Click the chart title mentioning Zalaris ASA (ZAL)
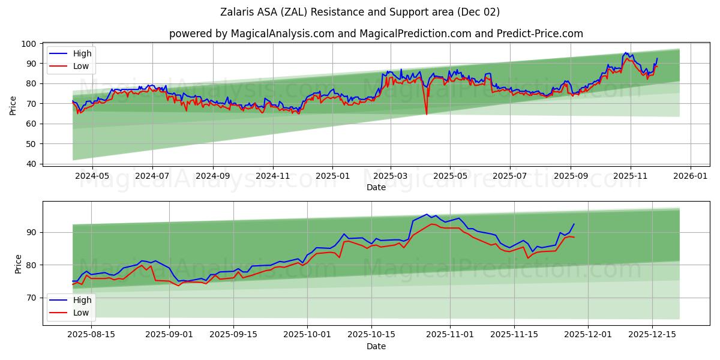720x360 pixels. pyautogui.click(x=360, y=12)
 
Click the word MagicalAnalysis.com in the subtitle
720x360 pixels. pyautogui.click(x=282, y=34)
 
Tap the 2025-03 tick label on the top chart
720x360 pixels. pyautogui.click(x=391, y=176)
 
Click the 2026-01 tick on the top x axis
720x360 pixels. pyautogui.click(x=690, y=176)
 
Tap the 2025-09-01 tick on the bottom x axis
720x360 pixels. pyautogui.click(x=169, y=335)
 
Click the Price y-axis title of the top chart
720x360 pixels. pyautogui.click(x=13, y=105)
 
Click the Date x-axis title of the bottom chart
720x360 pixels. pyautogui.click(x=376, y=346)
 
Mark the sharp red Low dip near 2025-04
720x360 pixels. pyautogui.click(x=427, y=114)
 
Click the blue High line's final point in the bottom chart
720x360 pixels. pyautogui.click(x=574, y=224)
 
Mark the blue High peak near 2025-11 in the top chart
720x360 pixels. pyautogui.click(x=626, y=53)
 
